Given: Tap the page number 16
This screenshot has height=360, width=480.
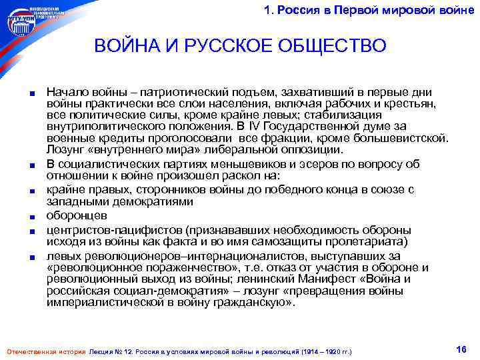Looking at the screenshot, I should tap(459, 349).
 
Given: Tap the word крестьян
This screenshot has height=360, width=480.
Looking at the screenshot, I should tap(409, 104).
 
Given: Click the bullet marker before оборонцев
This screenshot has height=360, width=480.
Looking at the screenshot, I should tap(33, 217).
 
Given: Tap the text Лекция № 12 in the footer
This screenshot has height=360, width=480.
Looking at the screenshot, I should tap(116, 351).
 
